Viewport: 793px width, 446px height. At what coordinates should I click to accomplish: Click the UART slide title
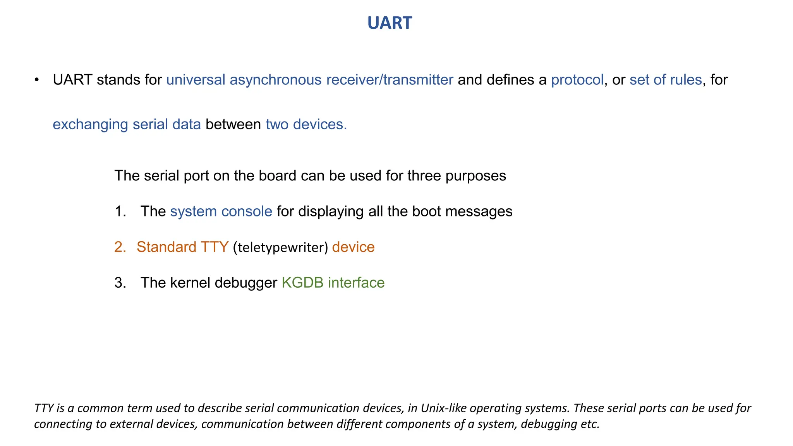click(x=390, y=23)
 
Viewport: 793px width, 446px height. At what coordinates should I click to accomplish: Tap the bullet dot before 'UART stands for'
click(x=37, y=80)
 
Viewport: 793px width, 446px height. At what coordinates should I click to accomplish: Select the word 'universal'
click(x=196, y=80)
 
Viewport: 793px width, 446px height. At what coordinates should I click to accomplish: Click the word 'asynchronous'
click(x=275, y=80)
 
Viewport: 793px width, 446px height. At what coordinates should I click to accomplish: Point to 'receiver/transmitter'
click(x=390, y=80)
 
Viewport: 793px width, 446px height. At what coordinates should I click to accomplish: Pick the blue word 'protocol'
click(x=577, y=80)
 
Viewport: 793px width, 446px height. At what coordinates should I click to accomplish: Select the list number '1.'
click(x=120, y=211)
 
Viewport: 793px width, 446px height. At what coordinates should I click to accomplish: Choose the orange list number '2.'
click(x=120, y=247)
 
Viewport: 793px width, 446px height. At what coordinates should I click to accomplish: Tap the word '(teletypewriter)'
click(x=280, y=247)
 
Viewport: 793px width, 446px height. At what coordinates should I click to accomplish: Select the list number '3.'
click(x=120, y=283)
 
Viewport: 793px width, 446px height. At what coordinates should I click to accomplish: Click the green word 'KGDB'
click(x=302, y=283)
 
